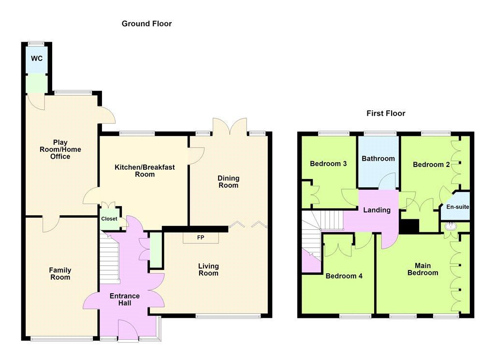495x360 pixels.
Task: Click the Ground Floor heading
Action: (146, 24)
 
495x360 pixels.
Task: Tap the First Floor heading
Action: (386, 113)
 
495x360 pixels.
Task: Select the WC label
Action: (37, 59)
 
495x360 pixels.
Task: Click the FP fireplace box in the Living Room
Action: (201, 238)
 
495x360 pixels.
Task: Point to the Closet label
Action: (109, 219)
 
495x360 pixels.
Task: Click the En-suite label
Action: (457, 207)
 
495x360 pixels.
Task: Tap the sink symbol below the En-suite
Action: (450, 226)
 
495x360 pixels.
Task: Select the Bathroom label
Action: (378, 159)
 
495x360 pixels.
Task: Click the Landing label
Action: (377, 210)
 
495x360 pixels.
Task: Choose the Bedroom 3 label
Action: (328, 164)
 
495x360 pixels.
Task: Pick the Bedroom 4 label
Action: (344, 276)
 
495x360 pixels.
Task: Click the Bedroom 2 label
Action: (431, 165)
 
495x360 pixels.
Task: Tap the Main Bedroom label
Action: (422, 270)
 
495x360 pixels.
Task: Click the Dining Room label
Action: (228, 182)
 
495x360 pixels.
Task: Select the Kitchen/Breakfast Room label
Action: (145, 171)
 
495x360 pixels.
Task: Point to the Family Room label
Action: (60, 274)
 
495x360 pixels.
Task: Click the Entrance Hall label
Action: (125, 300)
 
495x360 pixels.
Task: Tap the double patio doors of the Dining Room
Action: (230, 126)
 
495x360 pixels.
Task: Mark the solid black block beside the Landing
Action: (409, 226)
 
